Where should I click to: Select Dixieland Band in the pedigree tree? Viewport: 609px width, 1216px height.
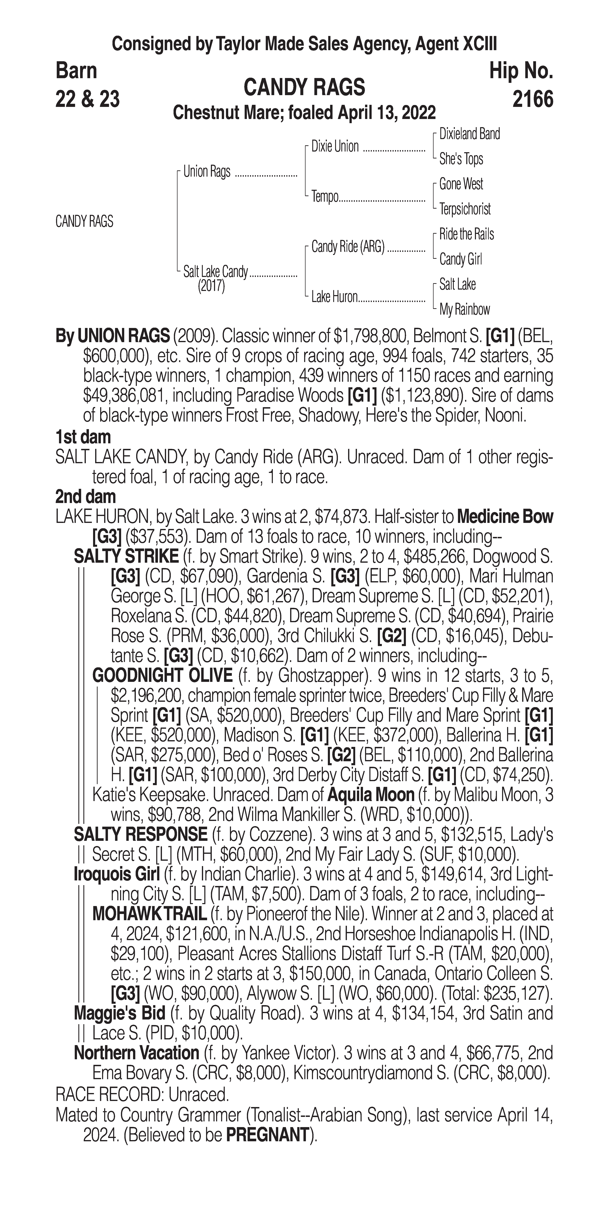click(469, 134)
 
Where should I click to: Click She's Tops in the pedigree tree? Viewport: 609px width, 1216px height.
click(461, 159)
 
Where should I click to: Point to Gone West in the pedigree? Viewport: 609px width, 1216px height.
click(461, 184)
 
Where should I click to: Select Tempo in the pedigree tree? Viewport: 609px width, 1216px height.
click(325, 197)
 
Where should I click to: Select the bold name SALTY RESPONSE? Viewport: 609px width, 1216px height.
click(140, 834)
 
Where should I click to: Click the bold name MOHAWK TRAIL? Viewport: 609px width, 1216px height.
click(149, 914)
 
